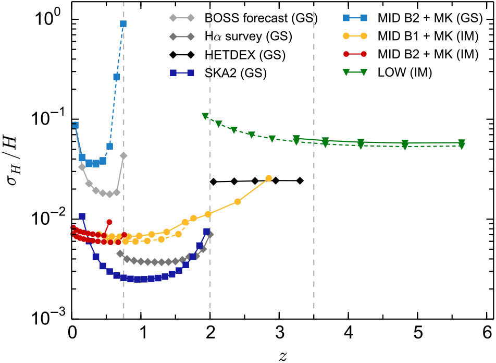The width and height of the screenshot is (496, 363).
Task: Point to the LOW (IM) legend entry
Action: tap(403, 72)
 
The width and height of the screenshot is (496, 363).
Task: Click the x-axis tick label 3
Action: tap(279, 331)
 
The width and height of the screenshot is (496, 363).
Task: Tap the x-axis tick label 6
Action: tap(486, 331)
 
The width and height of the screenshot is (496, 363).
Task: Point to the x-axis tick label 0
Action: tap(72, 331)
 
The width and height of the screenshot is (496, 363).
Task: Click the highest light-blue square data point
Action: tap(123, 23)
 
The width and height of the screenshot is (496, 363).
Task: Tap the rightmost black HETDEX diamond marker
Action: tap(300, 180)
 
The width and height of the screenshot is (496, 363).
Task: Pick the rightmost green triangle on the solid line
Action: tap(462, 143)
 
